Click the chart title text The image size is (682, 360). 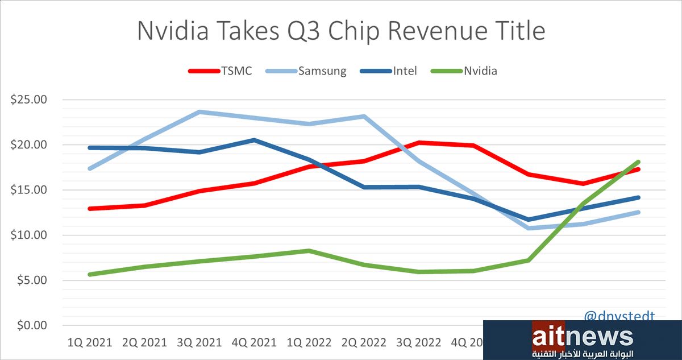341,31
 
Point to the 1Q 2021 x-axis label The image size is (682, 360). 90,343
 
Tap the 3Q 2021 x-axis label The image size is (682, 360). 199,343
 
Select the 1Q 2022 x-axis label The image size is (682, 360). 309,343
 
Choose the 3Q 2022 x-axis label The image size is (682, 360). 419,343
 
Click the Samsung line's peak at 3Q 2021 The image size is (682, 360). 199,112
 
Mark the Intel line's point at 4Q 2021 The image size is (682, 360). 254,140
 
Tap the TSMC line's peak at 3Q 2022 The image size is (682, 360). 419,143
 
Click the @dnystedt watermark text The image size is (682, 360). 619,316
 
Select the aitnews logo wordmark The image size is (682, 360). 583,337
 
